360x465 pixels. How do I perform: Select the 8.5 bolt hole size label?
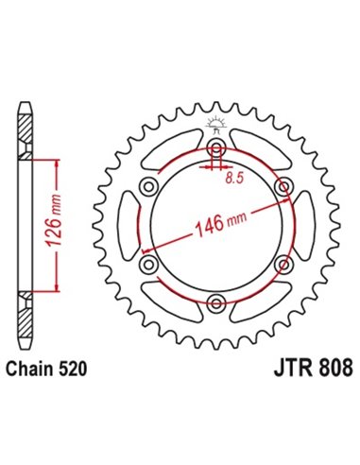tap(232, 176)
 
